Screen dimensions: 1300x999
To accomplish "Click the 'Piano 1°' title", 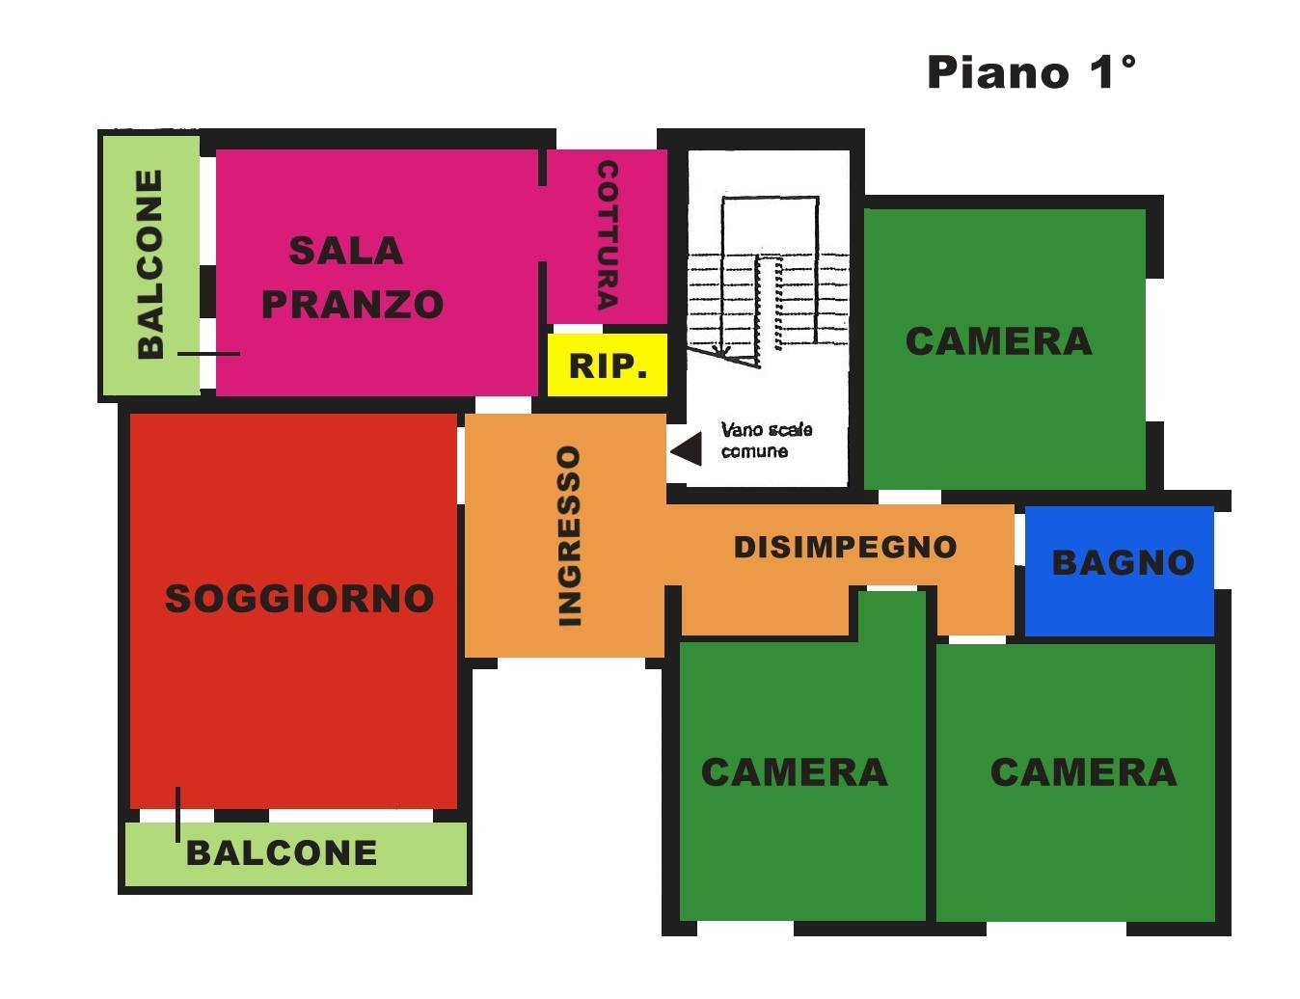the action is (x=1031, y=73).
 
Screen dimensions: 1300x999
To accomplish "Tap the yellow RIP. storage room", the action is (x=607, y=364).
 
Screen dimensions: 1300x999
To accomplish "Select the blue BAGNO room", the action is (x=1119, y=571).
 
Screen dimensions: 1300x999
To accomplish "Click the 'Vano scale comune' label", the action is (x=767, y=441).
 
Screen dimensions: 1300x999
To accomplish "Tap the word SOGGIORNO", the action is (x=299, y=598).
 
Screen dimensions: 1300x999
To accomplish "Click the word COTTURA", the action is (x=608, y=235).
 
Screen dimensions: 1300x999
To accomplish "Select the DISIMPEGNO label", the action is (x=845, y=547).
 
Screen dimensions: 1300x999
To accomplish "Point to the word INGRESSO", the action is (x=569, y=536).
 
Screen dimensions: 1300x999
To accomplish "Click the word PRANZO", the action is (x=352, y=304).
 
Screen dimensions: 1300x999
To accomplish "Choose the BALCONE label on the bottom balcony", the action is (x=282, y=852).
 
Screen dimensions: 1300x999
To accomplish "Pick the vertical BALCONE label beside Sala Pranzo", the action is (x=150, y=264).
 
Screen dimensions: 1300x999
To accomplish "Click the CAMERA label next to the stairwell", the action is (x=998, y=341).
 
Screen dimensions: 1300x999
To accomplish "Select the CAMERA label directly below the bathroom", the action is (x=1083, y=771).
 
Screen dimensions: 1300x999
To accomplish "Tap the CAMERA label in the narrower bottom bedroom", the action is (x=794, y=771).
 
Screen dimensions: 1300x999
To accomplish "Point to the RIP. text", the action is (x=608, y=366).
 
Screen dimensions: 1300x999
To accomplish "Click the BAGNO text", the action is (x=1123, y=563).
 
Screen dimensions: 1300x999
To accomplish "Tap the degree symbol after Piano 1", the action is (x=1127, y=63).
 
